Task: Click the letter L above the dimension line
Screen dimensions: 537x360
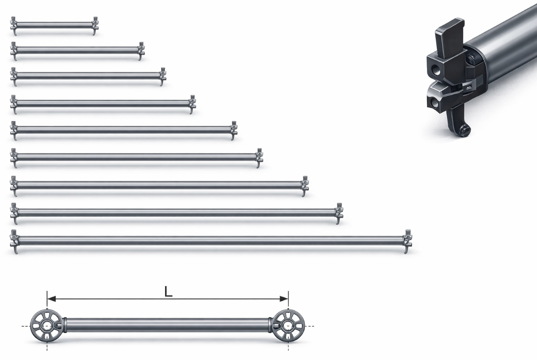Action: point(169,292)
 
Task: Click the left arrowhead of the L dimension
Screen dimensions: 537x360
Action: point(51,299)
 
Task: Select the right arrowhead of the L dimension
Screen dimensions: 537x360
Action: point(284,299)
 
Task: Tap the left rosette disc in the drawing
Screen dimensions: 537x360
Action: point(47,326)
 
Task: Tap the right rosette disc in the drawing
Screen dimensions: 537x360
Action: point(288,326)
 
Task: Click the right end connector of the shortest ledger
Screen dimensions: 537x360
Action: point(95,26)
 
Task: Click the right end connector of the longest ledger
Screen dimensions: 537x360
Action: point(408,241)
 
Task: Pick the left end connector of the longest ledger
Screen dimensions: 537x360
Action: point(15,241)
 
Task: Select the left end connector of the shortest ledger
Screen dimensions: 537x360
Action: point(14,26)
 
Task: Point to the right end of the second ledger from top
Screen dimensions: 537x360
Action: point(141,51)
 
